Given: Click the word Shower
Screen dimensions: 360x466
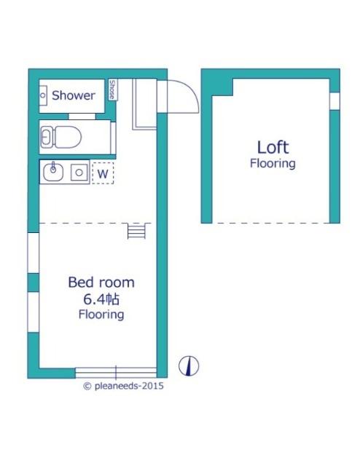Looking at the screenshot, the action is [x=73, y=95].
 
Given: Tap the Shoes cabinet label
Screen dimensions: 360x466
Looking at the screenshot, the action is [x=112, y=90].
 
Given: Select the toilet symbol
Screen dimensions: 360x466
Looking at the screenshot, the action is [x=61, y=137].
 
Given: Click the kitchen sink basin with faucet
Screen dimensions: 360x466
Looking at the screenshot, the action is [x=53, y=172].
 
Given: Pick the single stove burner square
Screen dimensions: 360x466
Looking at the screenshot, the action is [x=79, y=173].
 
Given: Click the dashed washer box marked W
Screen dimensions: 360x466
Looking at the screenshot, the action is [x=103, y=173].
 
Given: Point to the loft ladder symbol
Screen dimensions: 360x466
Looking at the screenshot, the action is [x=136, y=231].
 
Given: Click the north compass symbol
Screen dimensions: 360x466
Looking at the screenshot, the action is [x=189, y=366].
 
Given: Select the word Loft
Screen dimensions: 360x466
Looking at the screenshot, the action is [x=273, y=147].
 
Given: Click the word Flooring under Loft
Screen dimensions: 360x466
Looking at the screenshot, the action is [x=273, y=163].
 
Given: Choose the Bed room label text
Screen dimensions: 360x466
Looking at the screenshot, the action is [x=101, y=282].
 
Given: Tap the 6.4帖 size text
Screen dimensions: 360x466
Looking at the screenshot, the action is [x=101, y=299].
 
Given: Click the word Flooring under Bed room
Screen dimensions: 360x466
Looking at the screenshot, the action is [x=101, y=315].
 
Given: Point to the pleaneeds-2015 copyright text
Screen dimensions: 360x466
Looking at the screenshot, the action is [x=124, y=386].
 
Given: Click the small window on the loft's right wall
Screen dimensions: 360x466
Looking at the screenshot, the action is [x=334, y=101].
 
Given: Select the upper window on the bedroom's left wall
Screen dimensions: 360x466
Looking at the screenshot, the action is [x=34, y=253].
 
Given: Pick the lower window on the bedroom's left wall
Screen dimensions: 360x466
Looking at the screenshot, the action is [x=34, y=312].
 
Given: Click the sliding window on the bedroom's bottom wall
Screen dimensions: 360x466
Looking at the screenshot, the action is [x=116, y=372].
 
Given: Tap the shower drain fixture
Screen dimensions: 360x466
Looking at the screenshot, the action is [x=43, y=95].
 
